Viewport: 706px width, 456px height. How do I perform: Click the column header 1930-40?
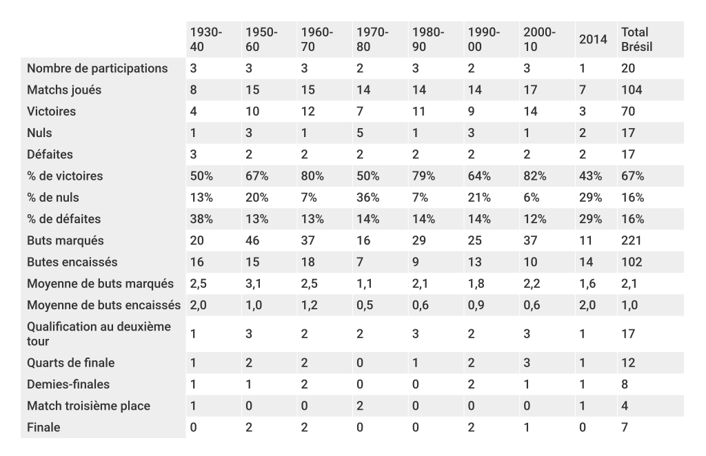point(206,40)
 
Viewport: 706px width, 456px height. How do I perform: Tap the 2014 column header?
point(592,40)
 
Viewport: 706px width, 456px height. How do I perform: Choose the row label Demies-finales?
point(68,384)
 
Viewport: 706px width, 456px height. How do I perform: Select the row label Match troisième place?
point(88,406)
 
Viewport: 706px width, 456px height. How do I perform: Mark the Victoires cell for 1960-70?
point(307,111)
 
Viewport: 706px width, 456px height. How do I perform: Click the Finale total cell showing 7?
point(625,427)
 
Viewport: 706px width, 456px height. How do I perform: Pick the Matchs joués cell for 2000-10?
point(529,90)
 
